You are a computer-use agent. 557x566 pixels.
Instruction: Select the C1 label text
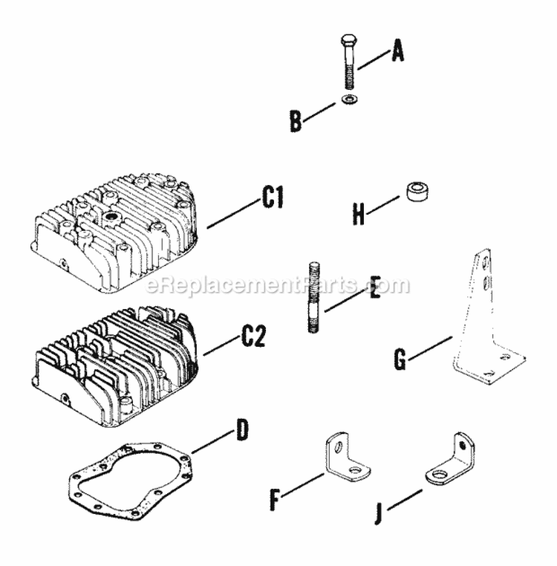[273, 198]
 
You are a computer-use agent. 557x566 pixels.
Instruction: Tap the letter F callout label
[276, 501]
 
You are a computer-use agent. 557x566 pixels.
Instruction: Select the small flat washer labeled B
[349, 100]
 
